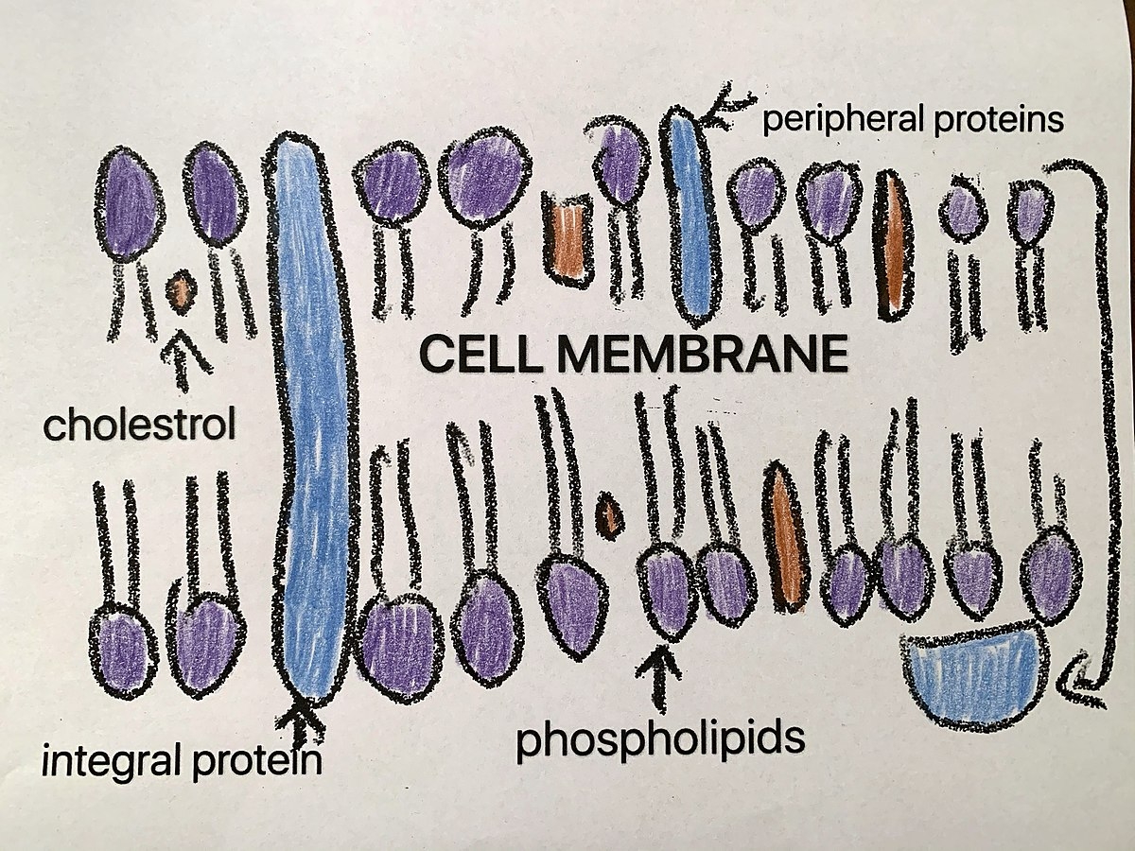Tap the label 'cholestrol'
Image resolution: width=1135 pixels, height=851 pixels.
click(x=138, y=425)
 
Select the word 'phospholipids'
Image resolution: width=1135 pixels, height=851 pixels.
click(x=659, y=740)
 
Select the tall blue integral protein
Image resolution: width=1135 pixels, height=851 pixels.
click(x=313, y=425)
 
